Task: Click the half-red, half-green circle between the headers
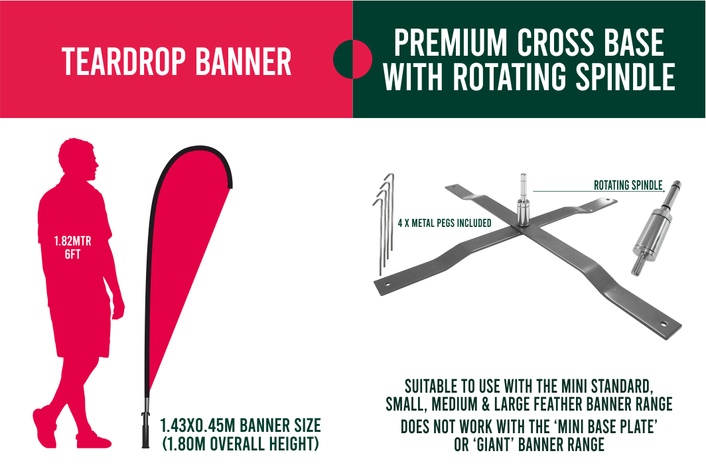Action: [352, 59]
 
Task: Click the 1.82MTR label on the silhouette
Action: [72, 241]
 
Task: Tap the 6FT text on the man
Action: [72, 255]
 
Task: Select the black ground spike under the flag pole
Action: [145, 430]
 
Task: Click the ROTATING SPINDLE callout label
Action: [628, 185]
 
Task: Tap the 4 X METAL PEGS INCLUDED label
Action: [445, 223]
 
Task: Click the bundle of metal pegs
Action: [385, 223]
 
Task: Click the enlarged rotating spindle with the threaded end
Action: [655, 228]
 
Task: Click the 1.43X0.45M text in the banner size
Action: [198, 425]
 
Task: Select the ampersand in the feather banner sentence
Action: [486, 404]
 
